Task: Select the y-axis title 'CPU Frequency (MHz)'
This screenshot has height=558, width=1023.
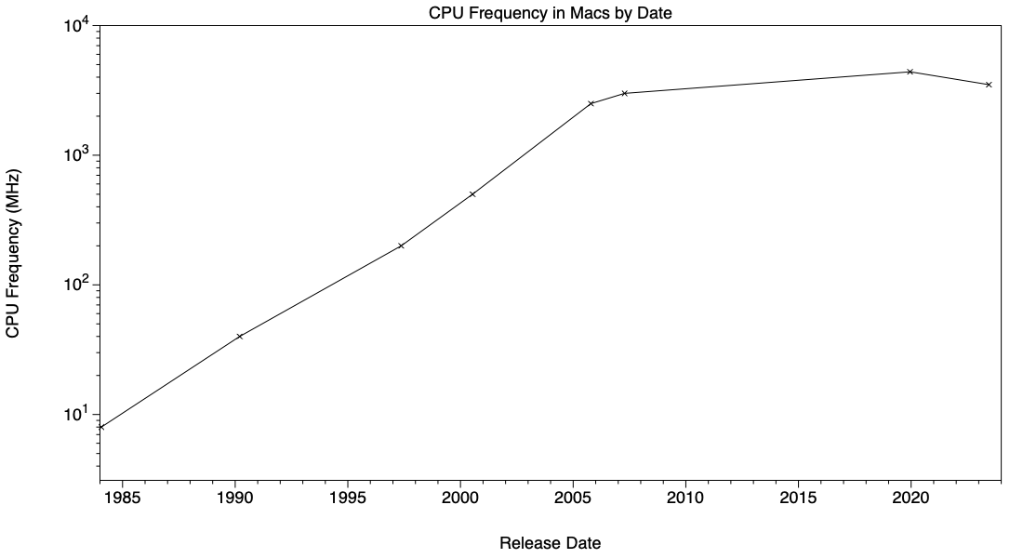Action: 14,253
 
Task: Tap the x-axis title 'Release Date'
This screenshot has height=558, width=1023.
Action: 550,543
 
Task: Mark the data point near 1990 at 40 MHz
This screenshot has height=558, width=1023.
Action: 240,336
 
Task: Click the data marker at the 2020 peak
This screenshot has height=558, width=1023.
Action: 910,72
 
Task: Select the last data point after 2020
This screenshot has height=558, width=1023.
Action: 989,85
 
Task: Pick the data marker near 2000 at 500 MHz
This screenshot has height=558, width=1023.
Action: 472,194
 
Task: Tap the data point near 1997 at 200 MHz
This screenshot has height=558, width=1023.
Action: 401,246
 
